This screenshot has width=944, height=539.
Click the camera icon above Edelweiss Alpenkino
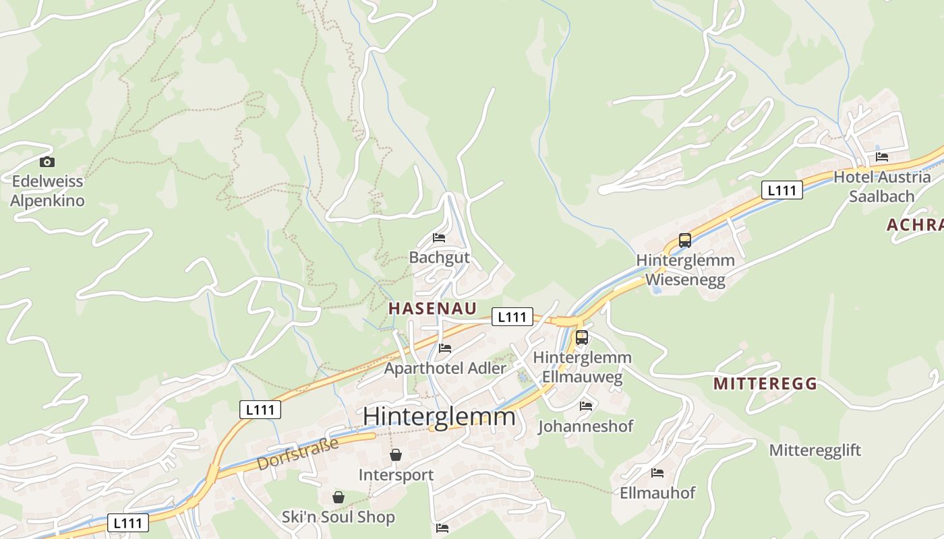47,162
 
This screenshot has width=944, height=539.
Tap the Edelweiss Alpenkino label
47,191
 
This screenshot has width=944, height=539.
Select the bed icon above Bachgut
439,238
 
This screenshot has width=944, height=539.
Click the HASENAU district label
432,309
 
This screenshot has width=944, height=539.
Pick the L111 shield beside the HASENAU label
512,317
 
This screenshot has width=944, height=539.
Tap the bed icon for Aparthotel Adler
445,348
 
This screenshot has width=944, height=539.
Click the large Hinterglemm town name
439,416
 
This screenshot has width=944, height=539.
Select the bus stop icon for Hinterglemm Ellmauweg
582,338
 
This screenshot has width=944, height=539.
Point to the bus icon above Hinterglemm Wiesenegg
685,241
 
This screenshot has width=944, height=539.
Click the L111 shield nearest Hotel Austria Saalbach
782,190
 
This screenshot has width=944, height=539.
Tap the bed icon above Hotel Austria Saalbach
882,157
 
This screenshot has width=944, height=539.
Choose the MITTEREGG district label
765,384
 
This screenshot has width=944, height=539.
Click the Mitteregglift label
815,450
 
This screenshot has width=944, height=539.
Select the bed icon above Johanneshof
586,406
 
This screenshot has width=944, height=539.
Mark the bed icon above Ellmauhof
657,473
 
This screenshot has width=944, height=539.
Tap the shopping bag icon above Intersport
396,455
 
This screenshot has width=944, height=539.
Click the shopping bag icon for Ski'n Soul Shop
338,497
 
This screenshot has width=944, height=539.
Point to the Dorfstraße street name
297,453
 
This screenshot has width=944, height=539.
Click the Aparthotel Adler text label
444,369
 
